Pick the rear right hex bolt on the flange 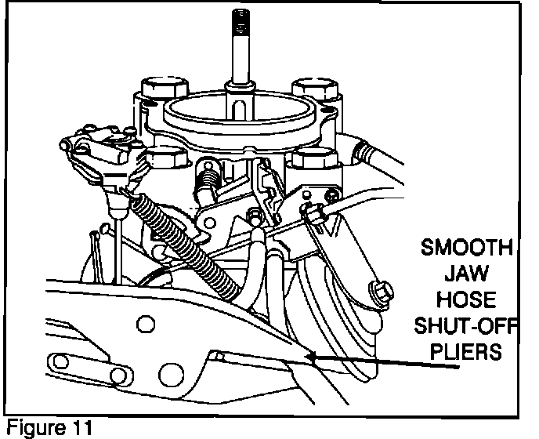click(x=308, y=86)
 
